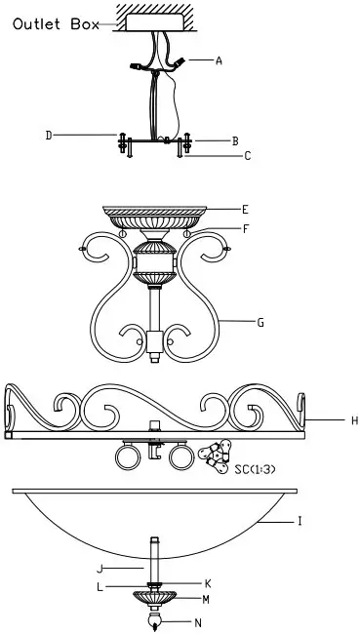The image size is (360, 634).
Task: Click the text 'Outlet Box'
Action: tap(55, 25)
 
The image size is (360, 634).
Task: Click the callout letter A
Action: tap(220, 60)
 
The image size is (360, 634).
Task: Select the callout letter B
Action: tap(235, 140)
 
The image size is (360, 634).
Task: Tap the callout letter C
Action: tap(248, 155)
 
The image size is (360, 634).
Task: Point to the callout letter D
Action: tap(49, 135)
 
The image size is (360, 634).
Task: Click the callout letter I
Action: tap(300, 523)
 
